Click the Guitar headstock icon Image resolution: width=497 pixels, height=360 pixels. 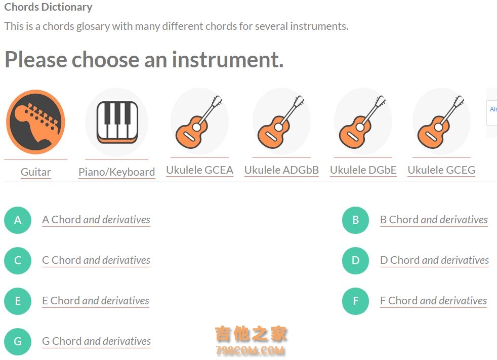point(35,122)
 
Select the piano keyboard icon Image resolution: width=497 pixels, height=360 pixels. point(117,122)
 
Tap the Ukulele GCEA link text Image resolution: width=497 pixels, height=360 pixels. point(200,170)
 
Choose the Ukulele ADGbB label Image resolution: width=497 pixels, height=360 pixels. point(281,170)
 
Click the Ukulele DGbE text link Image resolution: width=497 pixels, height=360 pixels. point(363,170)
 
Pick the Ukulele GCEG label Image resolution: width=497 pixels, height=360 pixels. point(441,170)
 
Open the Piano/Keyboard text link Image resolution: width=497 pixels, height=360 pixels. point(116,172)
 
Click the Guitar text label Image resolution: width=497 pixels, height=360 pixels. point(36,172)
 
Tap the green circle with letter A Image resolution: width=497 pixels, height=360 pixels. point(18,220)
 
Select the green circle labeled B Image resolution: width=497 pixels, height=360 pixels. point(356,220)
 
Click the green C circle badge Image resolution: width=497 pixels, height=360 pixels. point(18,260)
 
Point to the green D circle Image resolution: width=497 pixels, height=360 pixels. point(356,260)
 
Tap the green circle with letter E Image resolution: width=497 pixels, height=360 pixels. point(18,301)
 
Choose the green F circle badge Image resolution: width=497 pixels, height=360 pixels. point(356,301)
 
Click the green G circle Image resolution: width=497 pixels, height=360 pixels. point(18,342)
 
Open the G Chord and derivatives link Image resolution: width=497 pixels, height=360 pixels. point(96,341)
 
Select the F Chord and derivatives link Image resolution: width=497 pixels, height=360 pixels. point(434,301)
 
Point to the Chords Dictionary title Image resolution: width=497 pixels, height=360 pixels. point(48,7)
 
